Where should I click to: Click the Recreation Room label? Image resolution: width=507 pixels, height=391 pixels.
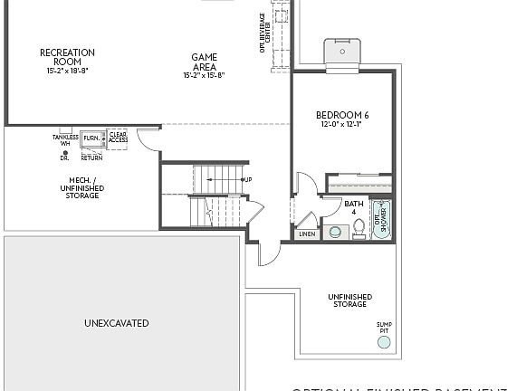[x=68, y=56]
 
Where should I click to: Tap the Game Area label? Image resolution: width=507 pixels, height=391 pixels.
[x=204, y=62]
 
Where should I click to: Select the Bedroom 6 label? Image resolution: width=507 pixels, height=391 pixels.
[x=341, y=115]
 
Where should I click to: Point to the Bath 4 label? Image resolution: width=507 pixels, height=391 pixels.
[x=354, y=207]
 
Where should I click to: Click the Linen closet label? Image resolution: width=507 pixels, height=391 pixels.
[x=306, y=234]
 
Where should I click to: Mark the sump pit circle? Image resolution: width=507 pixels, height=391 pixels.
[x=385, y=341]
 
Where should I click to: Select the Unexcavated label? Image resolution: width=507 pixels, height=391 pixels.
[x=116, y=323]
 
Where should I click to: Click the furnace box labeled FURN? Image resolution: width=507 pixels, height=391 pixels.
[x=91, y=138]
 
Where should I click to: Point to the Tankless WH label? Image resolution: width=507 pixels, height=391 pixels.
[x=65, y=140]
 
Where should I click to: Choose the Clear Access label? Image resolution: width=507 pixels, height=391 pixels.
[x=118, y=138]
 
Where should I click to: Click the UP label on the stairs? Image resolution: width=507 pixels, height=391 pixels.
[x=247, y=179]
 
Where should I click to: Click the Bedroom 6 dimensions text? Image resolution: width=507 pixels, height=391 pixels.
[x=341, y=124]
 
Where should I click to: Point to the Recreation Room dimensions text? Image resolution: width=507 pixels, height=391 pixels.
[x=68, y=71]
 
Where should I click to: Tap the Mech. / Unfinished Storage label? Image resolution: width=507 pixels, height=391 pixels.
[x=82, y=187]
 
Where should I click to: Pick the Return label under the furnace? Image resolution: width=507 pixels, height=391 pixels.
[x=91, y=157]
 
